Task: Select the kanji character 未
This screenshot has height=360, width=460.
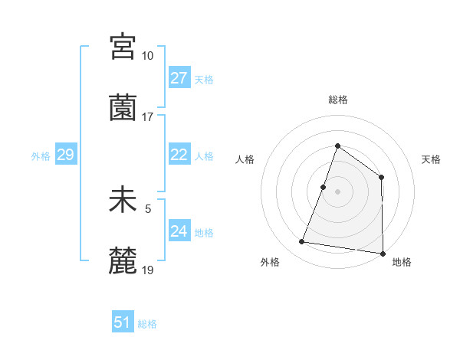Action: coord(123,201)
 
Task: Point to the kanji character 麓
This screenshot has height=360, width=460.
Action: coord(123,262)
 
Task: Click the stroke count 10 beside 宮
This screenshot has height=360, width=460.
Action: coord(148,55)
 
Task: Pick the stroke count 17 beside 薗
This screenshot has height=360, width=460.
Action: coord(148,117)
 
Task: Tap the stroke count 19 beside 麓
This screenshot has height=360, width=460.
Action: coord(148,270)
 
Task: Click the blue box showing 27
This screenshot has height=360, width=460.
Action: coord(179,78)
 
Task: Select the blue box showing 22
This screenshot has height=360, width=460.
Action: coord(179,155)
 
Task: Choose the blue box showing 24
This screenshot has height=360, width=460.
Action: coord(179,231)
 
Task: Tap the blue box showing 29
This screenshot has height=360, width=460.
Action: coord(65,155)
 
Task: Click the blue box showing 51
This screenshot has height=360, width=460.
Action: coord(123,322)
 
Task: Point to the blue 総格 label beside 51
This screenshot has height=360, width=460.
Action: coord(147,324)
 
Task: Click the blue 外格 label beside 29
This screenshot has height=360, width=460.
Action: coord(41,156)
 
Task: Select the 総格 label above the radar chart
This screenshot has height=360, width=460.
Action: coord(337,100)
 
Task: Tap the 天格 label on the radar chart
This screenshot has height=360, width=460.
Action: coord(431,159)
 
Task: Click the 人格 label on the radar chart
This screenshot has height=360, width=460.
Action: coord(245,159)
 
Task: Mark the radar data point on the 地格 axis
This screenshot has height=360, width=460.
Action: coord(383,253)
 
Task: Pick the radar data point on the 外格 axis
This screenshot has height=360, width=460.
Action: coord(302,242)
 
